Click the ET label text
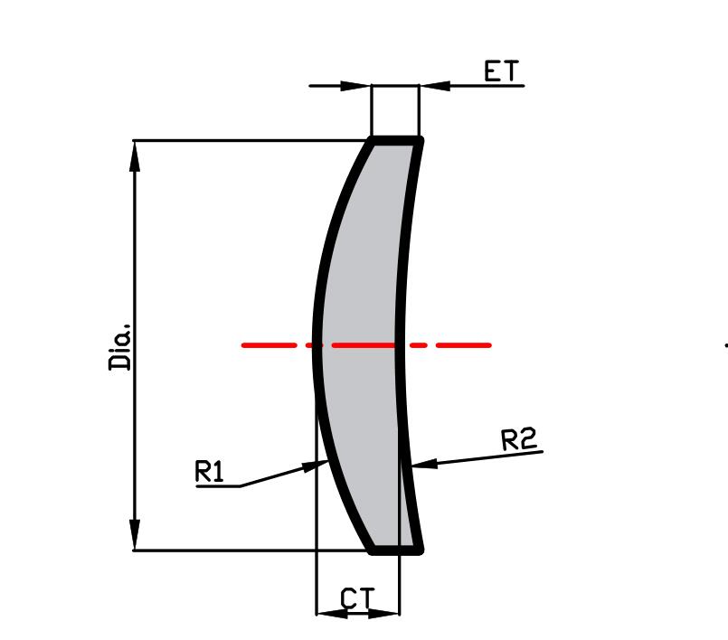(x=503, y=71)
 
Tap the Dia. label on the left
(x=120, y=346)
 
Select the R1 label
(x=209, y=472)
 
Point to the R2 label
(x=519, y=439)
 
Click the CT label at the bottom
(x=357, y=598)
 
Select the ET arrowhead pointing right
(x=358, y=86)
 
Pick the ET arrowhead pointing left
(x=434, y=86)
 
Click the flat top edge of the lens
(x=395, y=140)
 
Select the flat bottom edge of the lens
(x=395, y=549)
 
